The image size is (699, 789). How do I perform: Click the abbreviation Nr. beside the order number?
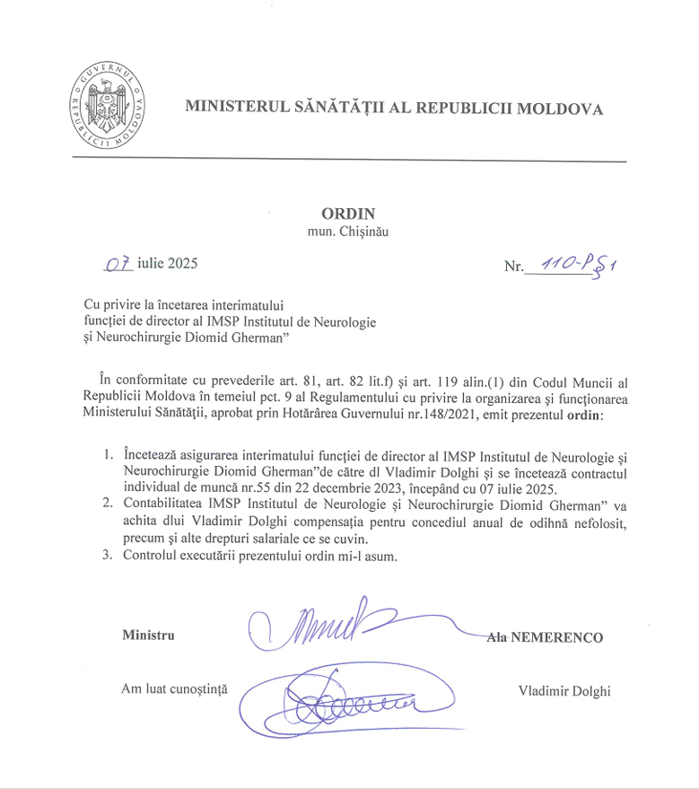click(513, 267)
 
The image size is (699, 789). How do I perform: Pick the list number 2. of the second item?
click(107, 504)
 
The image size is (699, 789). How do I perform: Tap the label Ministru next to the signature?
click(148, 636)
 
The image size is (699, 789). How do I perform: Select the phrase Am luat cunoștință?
click(176, 689)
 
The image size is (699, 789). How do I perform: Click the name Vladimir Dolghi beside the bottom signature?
click(564, 690)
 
